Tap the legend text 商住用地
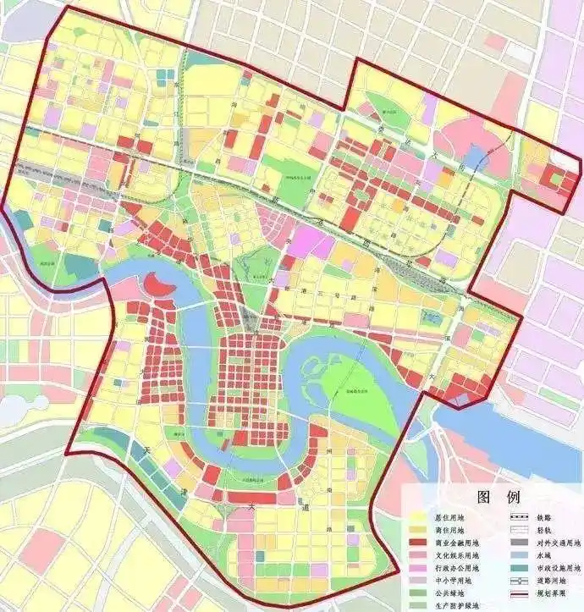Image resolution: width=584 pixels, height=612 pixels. (457, 530)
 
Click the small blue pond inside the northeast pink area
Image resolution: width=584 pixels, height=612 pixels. (475, 156)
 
